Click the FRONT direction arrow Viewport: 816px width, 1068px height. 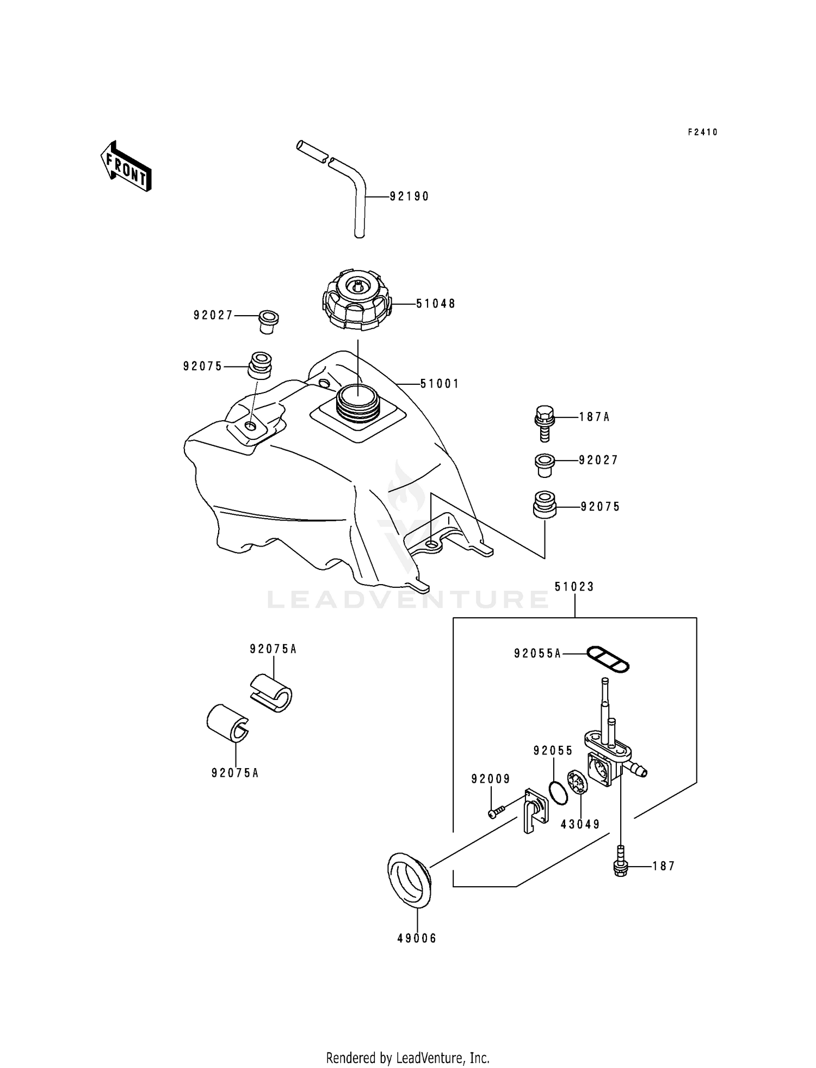(126, 167)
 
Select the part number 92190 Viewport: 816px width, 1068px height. (409, 197)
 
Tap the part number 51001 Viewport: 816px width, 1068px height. (440, 384)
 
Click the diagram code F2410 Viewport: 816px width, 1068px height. (702, 132)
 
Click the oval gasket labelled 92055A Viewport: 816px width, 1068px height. (608, 658)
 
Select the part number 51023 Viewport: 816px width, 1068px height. (574, 587)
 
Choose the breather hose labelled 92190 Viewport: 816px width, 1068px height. (359, 201)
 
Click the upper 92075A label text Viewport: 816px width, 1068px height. (273, 649)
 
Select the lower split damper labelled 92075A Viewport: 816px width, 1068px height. (227, 723)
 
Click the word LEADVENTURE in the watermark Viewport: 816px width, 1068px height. (408, 600)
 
